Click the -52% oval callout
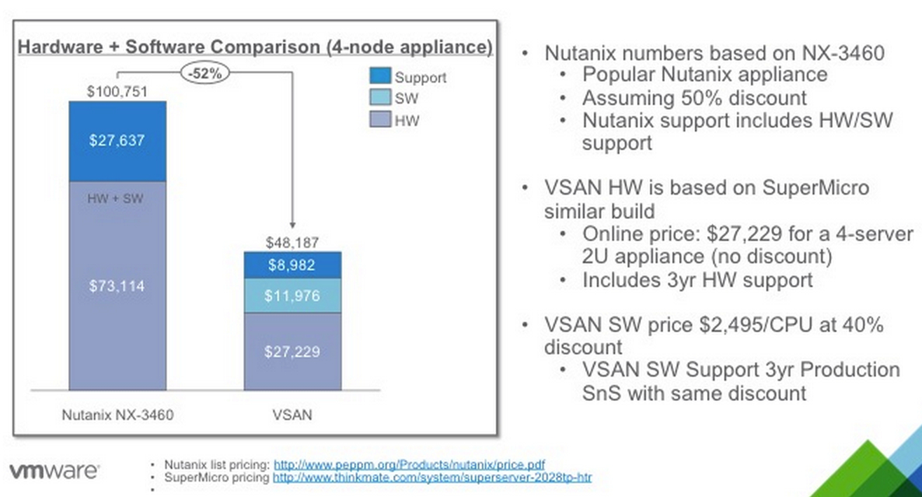pyautogui.click(x=205, y=73)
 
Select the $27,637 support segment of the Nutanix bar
pyautogui.click(x=118, y=141)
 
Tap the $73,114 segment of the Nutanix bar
pyautogui.click(x=118, y=286)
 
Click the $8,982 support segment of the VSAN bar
pyautogui.click(x=293, y=265)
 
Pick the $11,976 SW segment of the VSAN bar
pyautogui.click(x=293, y=296)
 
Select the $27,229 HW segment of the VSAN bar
pyautogui.click(x=293, y=352)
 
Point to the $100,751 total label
pyautogui.click(x=117, y=91)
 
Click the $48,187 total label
pyautogui.click(x=292, y=242)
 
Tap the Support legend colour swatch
pyautogui.click(x=380, y=76)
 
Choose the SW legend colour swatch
pyautogui.click(x=380, y=97)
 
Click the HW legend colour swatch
pyautogui.click(x=380, y=119)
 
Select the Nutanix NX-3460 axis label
pyautogui.click(x=118, y=415)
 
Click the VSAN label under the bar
pyautogui.click(x=292, y=415)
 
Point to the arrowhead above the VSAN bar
pyautogui.click(x=293, y=225)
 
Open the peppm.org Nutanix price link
pyautogui.click(x=409, y=465)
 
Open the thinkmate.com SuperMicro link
pyautogui.click(x=432, y=477)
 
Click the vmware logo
pyautogui.click(x=54, y=471)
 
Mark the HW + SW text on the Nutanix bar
pyautogui.click(x=115, y=199)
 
